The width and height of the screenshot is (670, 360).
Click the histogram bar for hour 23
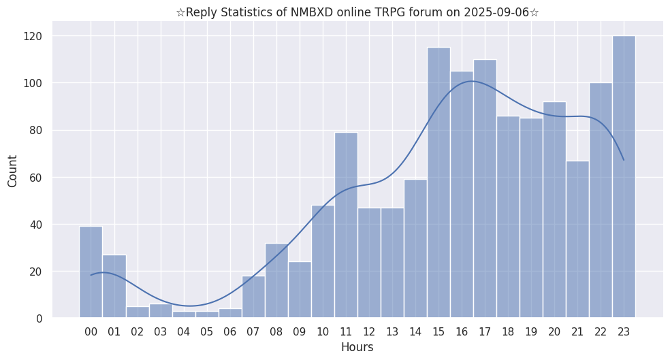point(624,177)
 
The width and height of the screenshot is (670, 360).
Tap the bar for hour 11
point(346,225)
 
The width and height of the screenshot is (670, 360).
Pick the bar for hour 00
point(91,272)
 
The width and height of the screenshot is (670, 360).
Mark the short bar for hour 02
point(138,312)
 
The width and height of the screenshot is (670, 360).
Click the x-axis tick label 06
point(230,332)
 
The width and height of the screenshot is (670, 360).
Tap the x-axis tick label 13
point(392,332)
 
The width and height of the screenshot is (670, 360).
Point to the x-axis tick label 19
point(531,332)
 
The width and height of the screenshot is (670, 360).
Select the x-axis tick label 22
point(601,332)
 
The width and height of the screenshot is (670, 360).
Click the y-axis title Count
point(13,170)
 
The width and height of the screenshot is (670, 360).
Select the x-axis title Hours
point(357,347)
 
